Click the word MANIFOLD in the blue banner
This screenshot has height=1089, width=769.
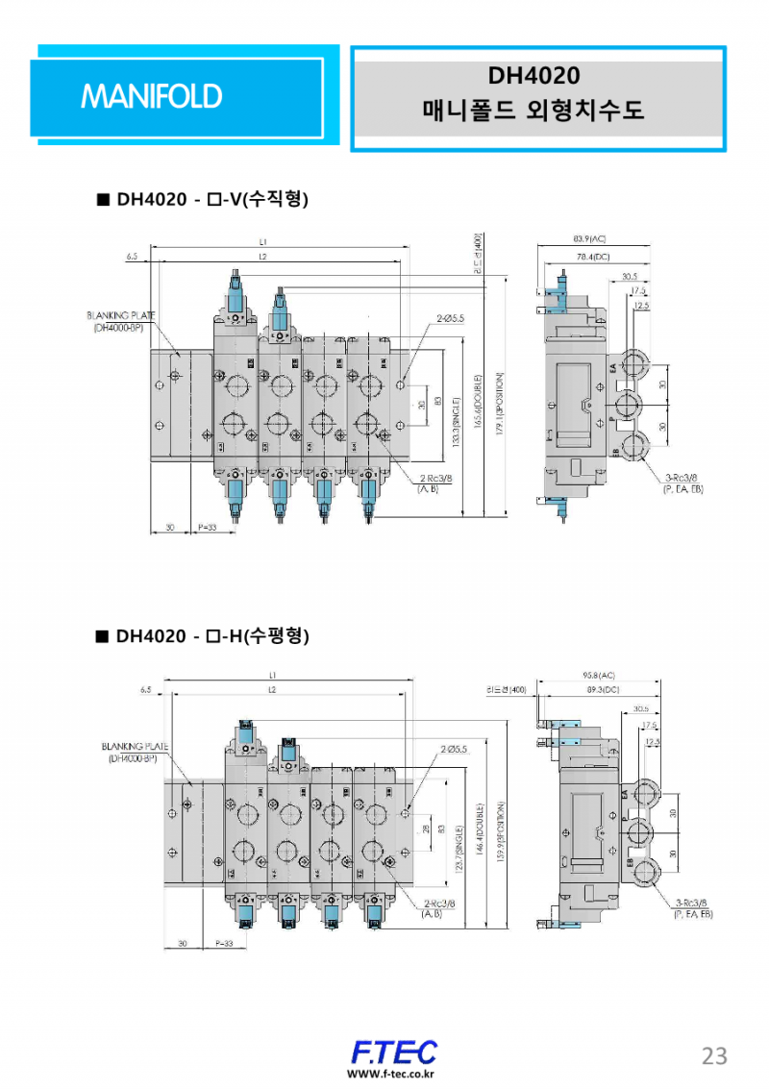coord(152,96)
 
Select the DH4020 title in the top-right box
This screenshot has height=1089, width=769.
coord(533,75)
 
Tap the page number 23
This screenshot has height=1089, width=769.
coord(714,1055)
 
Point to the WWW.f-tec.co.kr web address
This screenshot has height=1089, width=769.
coord(391,1074)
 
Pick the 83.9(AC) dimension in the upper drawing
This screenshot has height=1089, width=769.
coord(590,237)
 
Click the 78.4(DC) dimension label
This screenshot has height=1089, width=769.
coord(593,257)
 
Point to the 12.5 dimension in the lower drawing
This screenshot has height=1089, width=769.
coord(653,741)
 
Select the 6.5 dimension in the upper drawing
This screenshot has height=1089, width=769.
coord(132,257)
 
